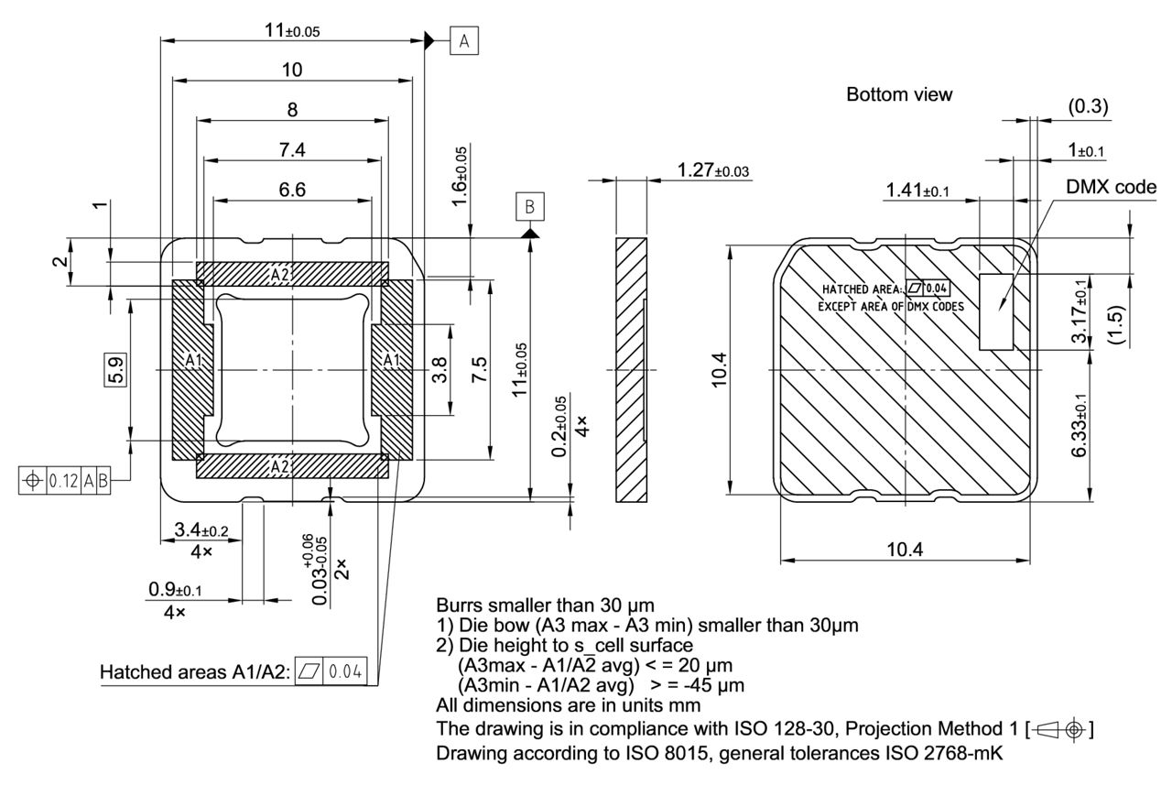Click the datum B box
[x=528, y=207]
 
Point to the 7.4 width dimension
[x=293, y=149]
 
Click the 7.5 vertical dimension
[x=478, y=370]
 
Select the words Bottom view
[x=898, y=94]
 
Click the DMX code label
[x=1111, y=187]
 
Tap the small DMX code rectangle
[x=996, y=311]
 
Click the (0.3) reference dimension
[x=1088, y=107]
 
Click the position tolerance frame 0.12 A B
[x=64, y=479]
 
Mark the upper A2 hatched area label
[x=280, y=274]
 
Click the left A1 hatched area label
[x=193, y=360]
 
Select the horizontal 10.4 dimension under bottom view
[x=905, y=549]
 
